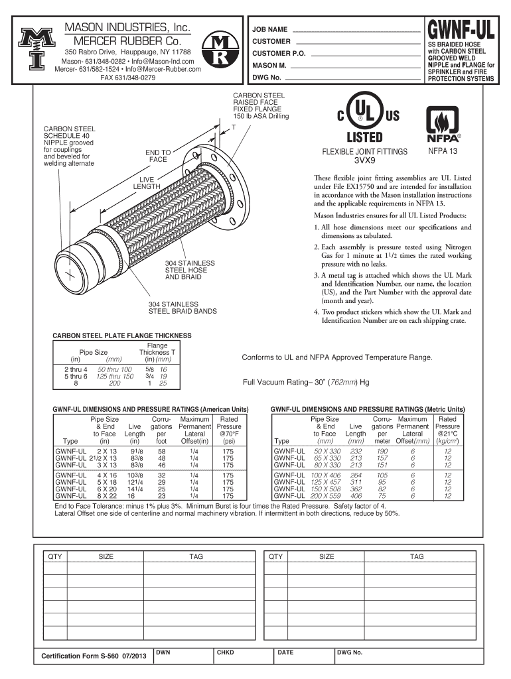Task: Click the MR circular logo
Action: coord(218,51)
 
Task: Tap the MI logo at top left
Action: coord(32,51)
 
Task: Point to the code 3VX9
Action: coord(364,160)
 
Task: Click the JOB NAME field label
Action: coord(269,31)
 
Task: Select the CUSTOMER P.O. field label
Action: coord(278,53)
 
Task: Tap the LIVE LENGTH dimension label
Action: coord(147,183)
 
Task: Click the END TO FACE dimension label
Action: coord(158,156)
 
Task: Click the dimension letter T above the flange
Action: coord(234,127)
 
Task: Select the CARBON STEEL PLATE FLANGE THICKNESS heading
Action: coord(121,336)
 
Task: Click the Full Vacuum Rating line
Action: coord(306,382)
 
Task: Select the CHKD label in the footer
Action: coord(225,652)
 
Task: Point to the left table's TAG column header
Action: coord(196,557)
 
